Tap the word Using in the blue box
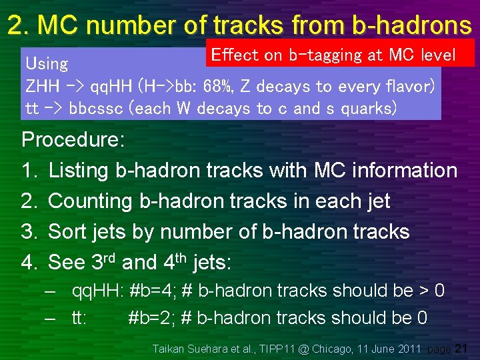[x=47, y=64]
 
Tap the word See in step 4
[x=67, y=263]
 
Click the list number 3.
[x=29, y=232]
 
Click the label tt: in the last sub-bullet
[x=80, y=318]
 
